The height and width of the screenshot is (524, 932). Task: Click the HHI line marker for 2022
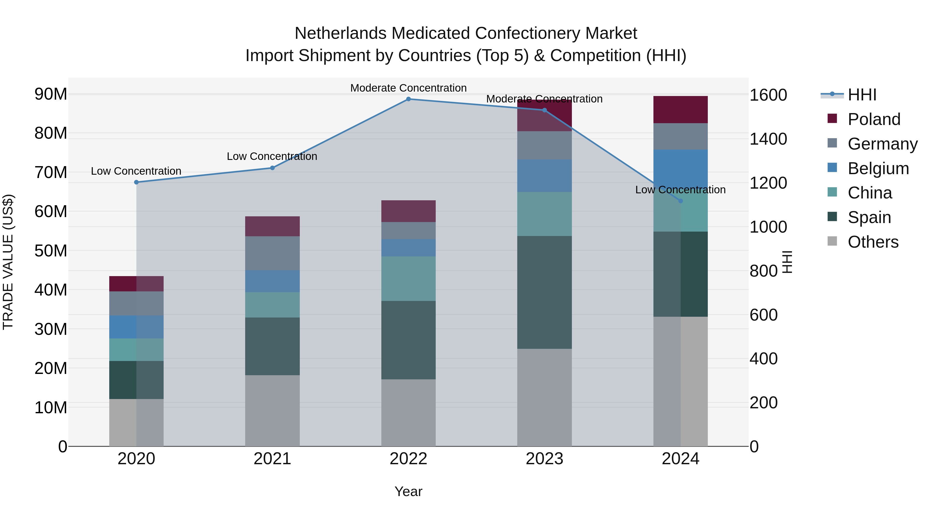tap(409, 99)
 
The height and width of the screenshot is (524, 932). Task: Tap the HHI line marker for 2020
tap(136, 182)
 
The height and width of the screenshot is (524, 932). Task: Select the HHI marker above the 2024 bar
tap(681, 201)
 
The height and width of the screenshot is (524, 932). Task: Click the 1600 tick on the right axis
tap(768, 95)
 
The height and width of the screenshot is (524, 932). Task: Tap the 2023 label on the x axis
tap(544, 459)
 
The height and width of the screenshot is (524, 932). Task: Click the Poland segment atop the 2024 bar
tap(681, 109)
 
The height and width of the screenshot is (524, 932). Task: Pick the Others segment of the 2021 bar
tap(272, 410)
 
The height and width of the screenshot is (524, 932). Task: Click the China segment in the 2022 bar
tap(409, 278)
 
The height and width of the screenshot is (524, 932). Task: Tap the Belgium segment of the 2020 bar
tap(136, 327)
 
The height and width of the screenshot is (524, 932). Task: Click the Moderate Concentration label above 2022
tap(409, 88)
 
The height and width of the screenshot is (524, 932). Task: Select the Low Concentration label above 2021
tap(272, 156)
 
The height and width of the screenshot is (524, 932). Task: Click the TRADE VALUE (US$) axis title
tap(8, 262)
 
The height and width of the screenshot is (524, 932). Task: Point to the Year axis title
tap(409, 491)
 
